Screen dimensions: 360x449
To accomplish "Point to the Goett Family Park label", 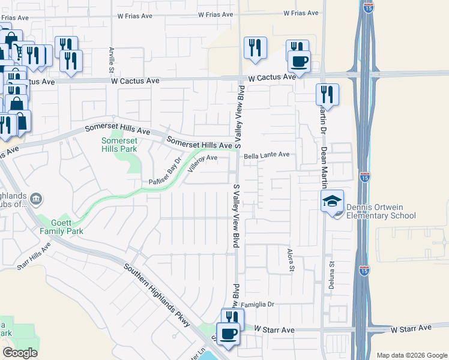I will tap(61, 226).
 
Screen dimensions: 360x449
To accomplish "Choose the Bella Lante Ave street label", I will tap(267, 155).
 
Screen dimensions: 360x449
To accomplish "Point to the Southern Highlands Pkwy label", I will tap(157, 295).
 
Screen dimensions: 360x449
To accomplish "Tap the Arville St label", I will tap(112, 58).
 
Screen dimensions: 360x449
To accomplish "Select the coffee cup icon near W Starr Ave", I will tap(228, 333).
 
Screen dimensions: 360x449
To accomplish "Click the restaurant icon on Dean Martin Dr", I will tap(327, 94).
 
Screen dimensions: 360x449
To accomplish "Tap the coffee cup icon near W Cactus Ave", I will tap(298, 61).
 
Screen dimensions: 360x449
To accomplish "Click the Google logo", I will tap(20, 353).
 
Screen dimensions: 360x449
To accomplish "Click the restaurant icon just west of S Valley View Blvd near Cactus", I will tap(255, 48).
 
